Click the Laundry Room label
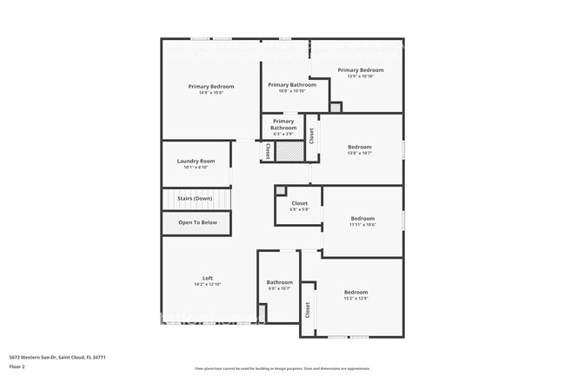pos(196,161)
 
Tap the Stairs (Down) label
pos(195,199)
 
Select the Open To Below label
pos(197,222)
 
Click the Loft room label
pos(208,278)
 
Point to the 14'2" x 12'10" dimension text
pos(208,285)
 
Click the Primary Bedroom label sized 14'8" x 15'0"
pos(211,86)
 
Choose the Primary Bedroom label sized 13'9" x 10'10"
pos(360,69)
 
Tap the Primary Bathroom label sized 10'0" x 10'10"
pos(292,84)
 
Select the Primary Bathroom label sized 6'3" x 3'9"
pos(283,124)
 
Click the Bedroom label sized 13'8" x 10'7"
pos(360,147)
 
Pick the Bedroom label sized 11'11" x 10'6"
pos(362,218)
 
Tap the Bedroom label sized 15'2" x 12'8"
pos(356,292)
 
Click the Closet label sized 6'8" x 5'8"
pos(299,203)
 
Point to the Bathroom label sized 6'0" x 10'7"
pos(280,281)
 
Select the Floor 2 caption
pos(17,367)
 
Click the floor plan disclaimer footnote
pos(282,368)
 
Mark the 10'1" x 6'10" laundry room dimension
pos(196,168)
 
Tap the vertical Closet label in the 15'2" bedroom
pos(308,309)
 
